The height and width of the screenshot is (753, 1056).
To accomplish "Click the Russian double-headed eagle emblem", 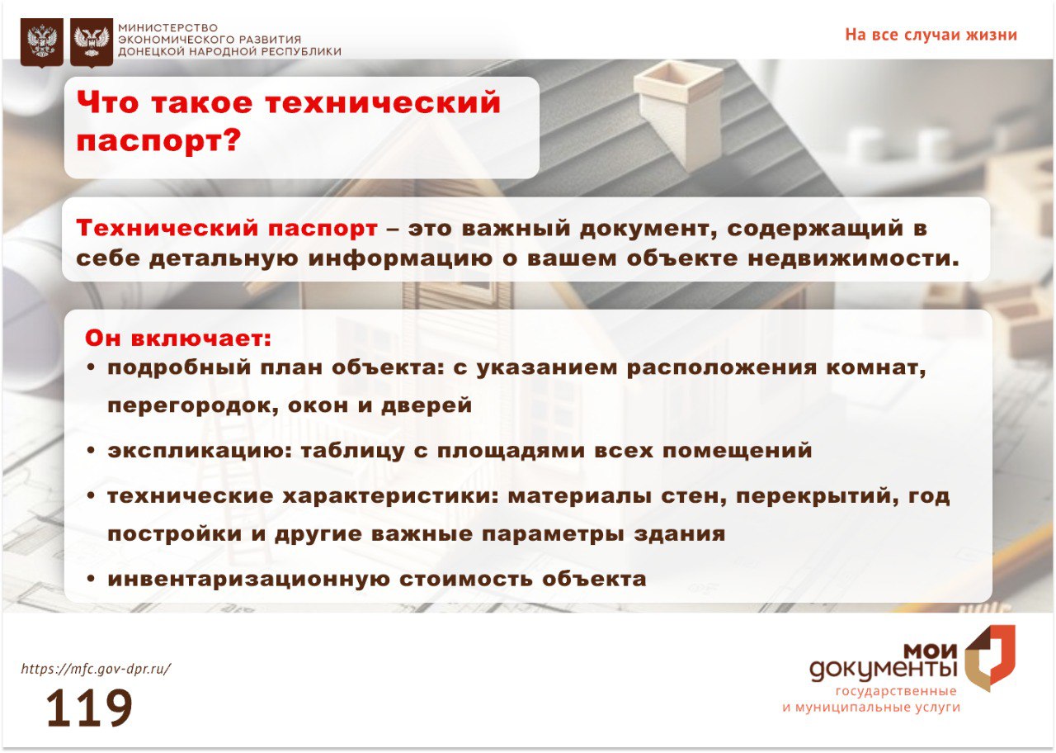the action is [41, 42].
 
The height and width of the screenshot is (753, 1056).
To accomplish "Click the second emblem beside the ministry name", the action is [92, 42].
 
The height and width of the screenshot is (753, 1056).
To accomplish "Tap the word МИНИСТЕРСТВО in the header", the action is [167, 28].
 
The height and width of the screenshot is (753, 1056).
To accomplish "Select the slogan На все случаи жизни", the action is [931, 35].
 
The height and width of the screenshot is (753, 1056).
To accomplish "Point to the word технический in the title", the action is [382, 102].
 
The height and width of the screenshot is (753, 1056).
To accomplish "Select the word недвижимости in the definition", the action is [853, 258].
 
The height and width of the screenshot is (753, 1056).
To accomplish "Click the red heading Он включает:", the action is [178, 339].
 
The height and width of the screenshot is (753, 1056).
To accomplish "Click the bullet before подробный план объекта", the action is [91, 367].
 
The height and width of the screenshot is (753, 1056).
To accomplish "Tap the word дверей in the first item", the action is [427, 405].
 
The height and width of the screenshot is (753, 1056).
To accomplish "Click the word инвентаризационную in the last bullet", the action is [249, 580].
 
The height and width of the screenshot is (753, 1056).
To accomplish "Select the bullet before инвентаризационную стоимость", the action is [91, 580].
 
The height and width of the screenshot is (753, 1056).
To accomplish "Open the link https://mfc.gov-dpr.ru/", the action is [97, 669].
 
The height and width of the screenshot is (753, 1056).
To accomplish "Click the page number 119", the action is [90, 708].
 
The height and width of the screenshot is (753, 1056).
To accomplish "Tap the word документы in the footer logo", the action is [884, 670].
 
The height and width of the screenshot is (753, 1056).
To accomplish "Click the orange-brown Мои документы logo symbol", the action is [990, 659].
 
